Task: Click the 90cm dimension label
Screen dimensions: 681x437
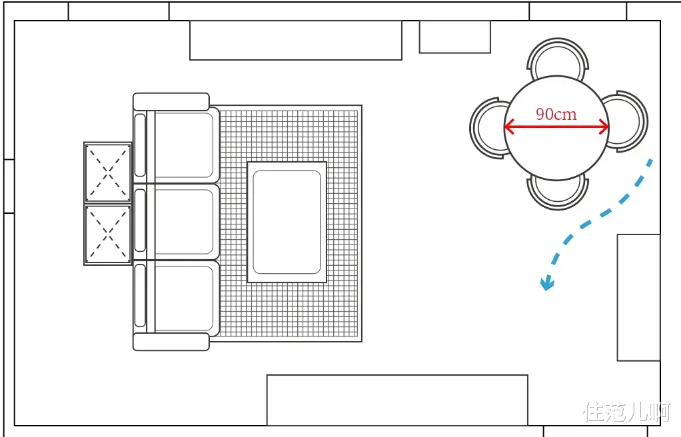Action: (x=556, y=114)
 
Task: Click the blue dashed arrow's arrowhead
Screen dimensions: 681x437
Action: (x=546, y=284)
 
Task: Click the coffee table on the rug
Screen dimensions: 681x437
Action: (x=287, y=222)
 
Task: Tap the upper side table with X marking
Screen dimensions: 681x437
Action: (x=108, y=173)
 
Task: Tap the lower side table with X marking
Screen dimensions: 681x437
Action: (x=108, y=234)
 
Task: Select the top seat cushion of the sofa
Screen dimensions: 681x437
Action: (x=183, y=145)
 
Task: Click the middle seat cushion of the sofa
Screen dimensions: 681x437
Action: (x=183, y=222)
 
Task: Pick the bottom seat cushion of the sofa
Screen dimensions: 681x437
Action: (x=183, y=298)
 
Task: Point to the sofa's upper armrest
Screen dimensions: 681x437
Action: (x=171, y=102)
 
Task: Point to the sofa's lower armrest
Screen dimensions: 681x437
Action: (x=171, y=342)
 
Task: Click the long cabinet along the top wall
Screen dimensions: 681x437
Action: (x=296, y=40)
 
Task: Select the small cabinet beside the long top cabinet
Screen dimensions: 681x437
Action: (x=454, y=37)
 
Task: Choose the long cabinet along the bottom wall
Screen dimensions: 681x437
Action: (x=397, y=400)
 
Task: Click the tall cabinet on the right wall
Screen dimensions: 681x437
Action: (x=639, y=298)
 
